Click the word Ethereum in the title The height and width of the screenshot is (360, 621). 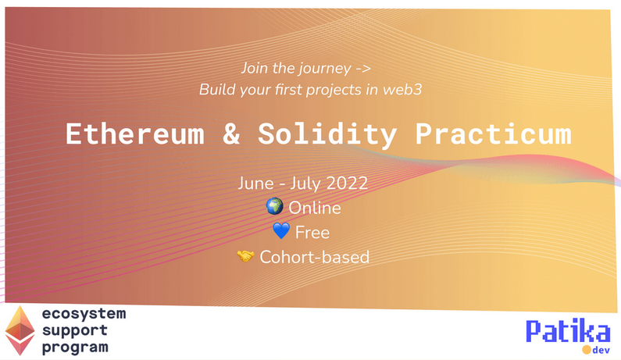click(x=135, y=134)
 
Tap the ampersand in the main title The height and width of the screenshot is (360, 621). click(x=231, y=134)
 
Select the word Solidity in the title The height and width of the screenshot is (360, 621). click(x=327, y=134)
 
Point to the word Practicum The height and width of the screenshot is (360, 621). click(x=493, y=134)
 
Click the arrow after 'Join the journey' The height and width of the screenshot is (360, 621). click(x=362, y=69)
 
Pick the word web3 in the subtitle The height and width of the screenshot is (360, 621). click(x=402, y=90)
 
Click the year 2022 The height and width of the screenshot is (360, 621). click(x=347, y=184)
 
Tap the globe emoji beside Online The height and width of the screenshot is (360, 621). click(x=274, y=206)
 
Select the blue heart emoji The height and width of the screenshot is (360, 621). click(x=281, y=231)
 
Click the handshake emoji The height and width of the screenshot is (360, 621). click(x=245, y=256)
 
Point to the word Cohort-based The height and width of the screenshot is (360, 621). click(x=315, y=257)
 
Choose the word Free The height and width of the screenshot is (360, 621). click(x=312, y=233)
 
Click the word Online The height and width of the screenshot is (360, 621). click(x=315, y=208)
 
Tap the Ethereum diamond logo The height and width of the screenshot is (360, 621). click(x=20, y=330)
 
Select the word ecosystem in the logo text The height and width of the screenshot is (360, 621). click(x=84, y=313)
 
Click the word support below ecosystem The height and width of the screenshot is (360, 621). click(x=75, y=330)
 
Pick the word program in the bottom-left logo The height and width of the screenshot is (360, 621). click(x=75, y=348)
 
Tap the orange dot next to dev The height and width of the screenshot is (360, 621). click(x=587, y=350)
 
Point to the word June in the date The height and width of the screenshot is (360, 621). click(x=256, y=184)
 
